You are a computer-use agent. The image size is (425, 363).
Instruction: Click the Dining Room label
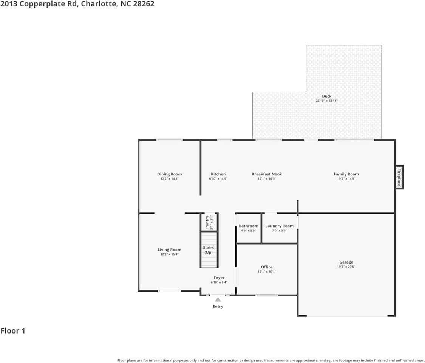click(169, 174)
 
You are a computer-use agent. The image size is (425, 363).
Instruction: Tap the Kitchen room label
click(218, 174)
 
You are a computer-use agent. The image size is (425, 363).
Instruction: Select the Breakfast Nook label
click(267, 174)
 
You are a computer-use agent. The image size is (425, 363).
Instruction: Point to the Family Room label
click(346, 174)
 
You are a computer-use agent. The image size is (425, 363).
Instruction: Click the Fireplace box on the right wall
click(399, 177)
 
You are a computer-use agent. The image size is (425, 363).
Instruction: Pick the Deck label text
click(327, 96)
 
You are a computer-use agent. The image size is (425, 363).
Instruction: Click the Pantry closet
click(209, 222)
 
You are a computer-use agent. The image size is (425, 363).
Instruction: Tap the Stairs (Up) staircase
click(209, 250)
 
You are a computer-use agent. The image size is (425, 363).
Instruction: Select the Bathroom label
click(249, 226)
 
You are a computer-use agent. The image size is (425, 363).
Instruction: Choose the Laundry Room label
click(280, 226)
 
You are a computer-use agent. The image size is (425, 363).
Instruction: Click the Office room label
click(267, 267)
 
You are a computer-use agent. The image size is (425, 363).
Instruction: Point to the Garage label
click(346, 262)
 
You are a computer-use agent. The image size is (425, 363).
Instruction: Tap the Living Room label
click(169, 250)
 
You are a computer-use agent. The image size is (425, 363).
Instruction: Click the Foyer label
click(219, 278)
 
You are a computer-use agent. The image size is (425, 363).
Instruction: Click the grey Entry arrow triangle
click(218, 299)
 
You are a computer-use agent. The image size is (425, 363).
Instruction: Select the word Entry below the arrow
click(218, 306)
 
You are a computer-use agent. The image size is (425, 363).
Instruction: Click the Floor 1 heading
click(13, 331)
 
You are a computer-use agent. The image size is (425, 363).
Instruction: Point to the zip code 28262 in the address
click(144, 4)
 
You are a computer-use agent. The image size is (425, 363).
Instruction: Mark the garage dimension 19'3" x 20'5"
click(346, 267)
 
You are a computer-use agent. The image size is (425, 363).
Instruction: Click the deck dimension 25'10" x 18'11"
click(327, 101)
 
